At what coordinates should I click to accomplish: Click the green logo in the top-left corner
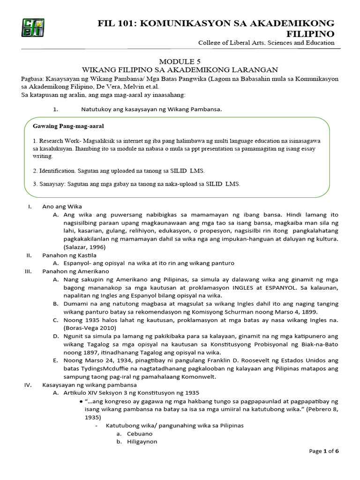pos(32,28)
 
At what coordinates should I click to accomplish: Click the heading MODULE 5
pos(180,61)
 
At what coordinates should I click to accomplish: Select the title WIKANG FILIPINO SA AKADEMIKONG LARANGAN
pos(180,69)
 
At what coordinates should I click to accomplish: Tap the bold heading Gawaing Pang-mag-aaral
pos(68,126)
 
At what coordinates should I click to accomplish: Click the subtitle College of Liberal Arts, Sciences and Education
pos(266,43)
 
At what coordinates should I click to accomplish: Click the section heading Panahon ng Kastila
pos(69,255)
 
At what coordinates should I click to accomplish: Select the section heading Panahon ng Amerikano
pos(75,271)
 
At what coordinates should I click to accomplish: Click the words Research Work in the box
pos(56,141)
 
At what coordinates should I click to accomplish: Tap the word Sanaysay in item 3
pos(52,184)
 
